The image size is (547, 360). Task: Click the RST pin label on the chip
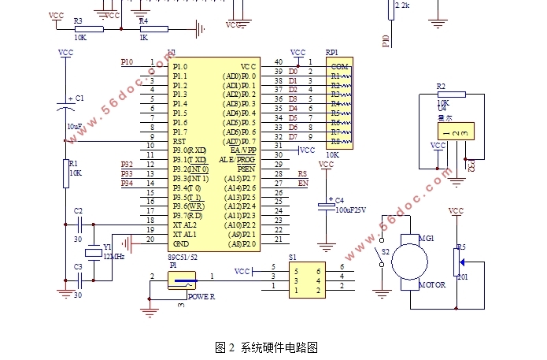180,142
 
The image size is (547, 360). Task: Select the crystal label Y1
107,246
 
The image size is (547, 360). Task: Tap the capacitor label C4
340,202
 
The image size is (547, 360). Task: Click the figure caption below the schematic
266,347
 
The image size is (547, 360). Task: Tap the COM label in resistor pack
339,66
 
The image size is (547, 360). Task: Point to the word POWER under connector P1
201,296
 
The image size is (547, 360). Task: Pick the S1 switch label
293,257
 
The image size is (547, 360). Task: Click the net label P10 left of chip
128,61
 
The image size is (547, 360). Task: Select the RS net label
302,174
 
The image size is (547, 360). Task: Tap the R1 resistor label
74,163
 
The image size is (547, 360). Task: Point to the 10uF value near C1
75,126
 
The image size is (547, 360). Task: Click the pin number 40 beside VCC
278,62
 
